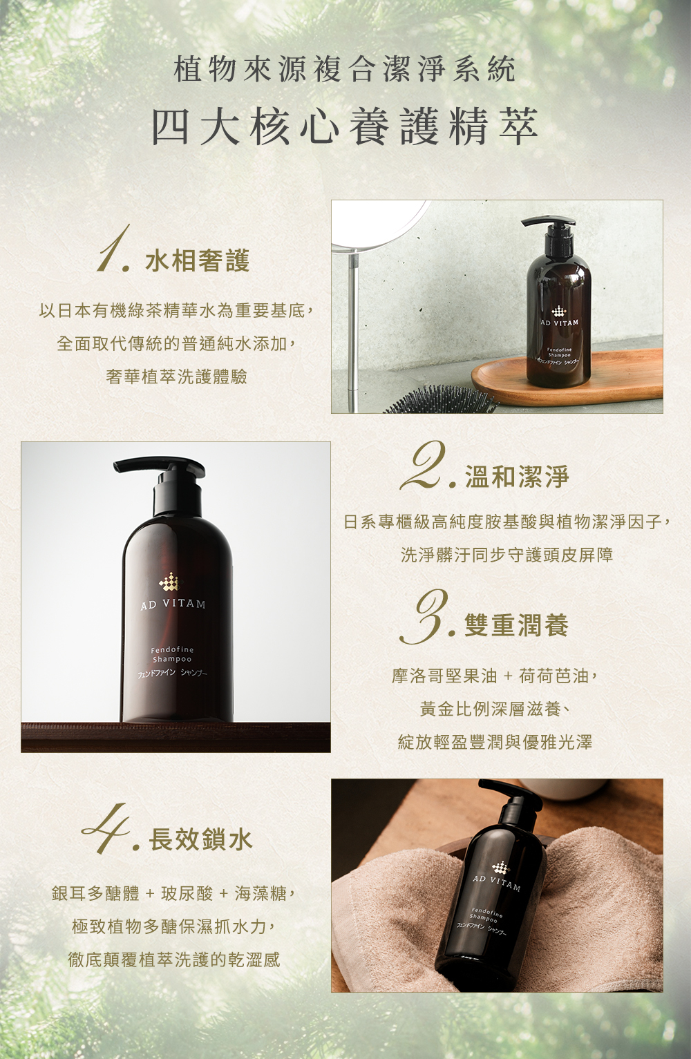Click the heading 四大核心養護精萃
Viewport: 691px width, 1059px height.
pyautogui.click(x=345, y=126)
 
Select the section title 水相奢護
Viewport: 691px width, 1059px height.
pyautogui.click(x=198, y=260)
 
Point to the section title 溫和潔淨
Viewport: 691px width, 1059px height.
pyautogui.click(x=518, y=476)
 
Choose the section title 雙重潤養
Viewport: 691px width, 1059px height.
pyautogui.click(x=516, y=624)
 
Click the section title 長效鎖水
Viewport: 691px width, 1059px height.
pyautogui.click(x=201, y=839)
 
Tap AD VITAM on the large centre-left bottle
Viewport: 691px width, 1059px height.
pyautogui.click(x=173, y=604)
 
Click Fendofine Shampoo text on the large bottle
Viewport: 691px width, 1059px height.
pyautogui.click(x=172, y=653)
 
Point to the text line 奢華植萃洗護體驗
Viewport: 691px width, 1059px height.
pyautogui.click(x=176, y=376)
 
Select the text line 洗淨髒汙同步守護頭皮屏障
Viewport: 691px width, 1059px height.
pyautogui.click(x=507, y=555)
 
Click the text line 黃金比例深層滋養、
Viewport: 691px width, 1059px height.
pyautogui.click(x=495, y=709)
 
